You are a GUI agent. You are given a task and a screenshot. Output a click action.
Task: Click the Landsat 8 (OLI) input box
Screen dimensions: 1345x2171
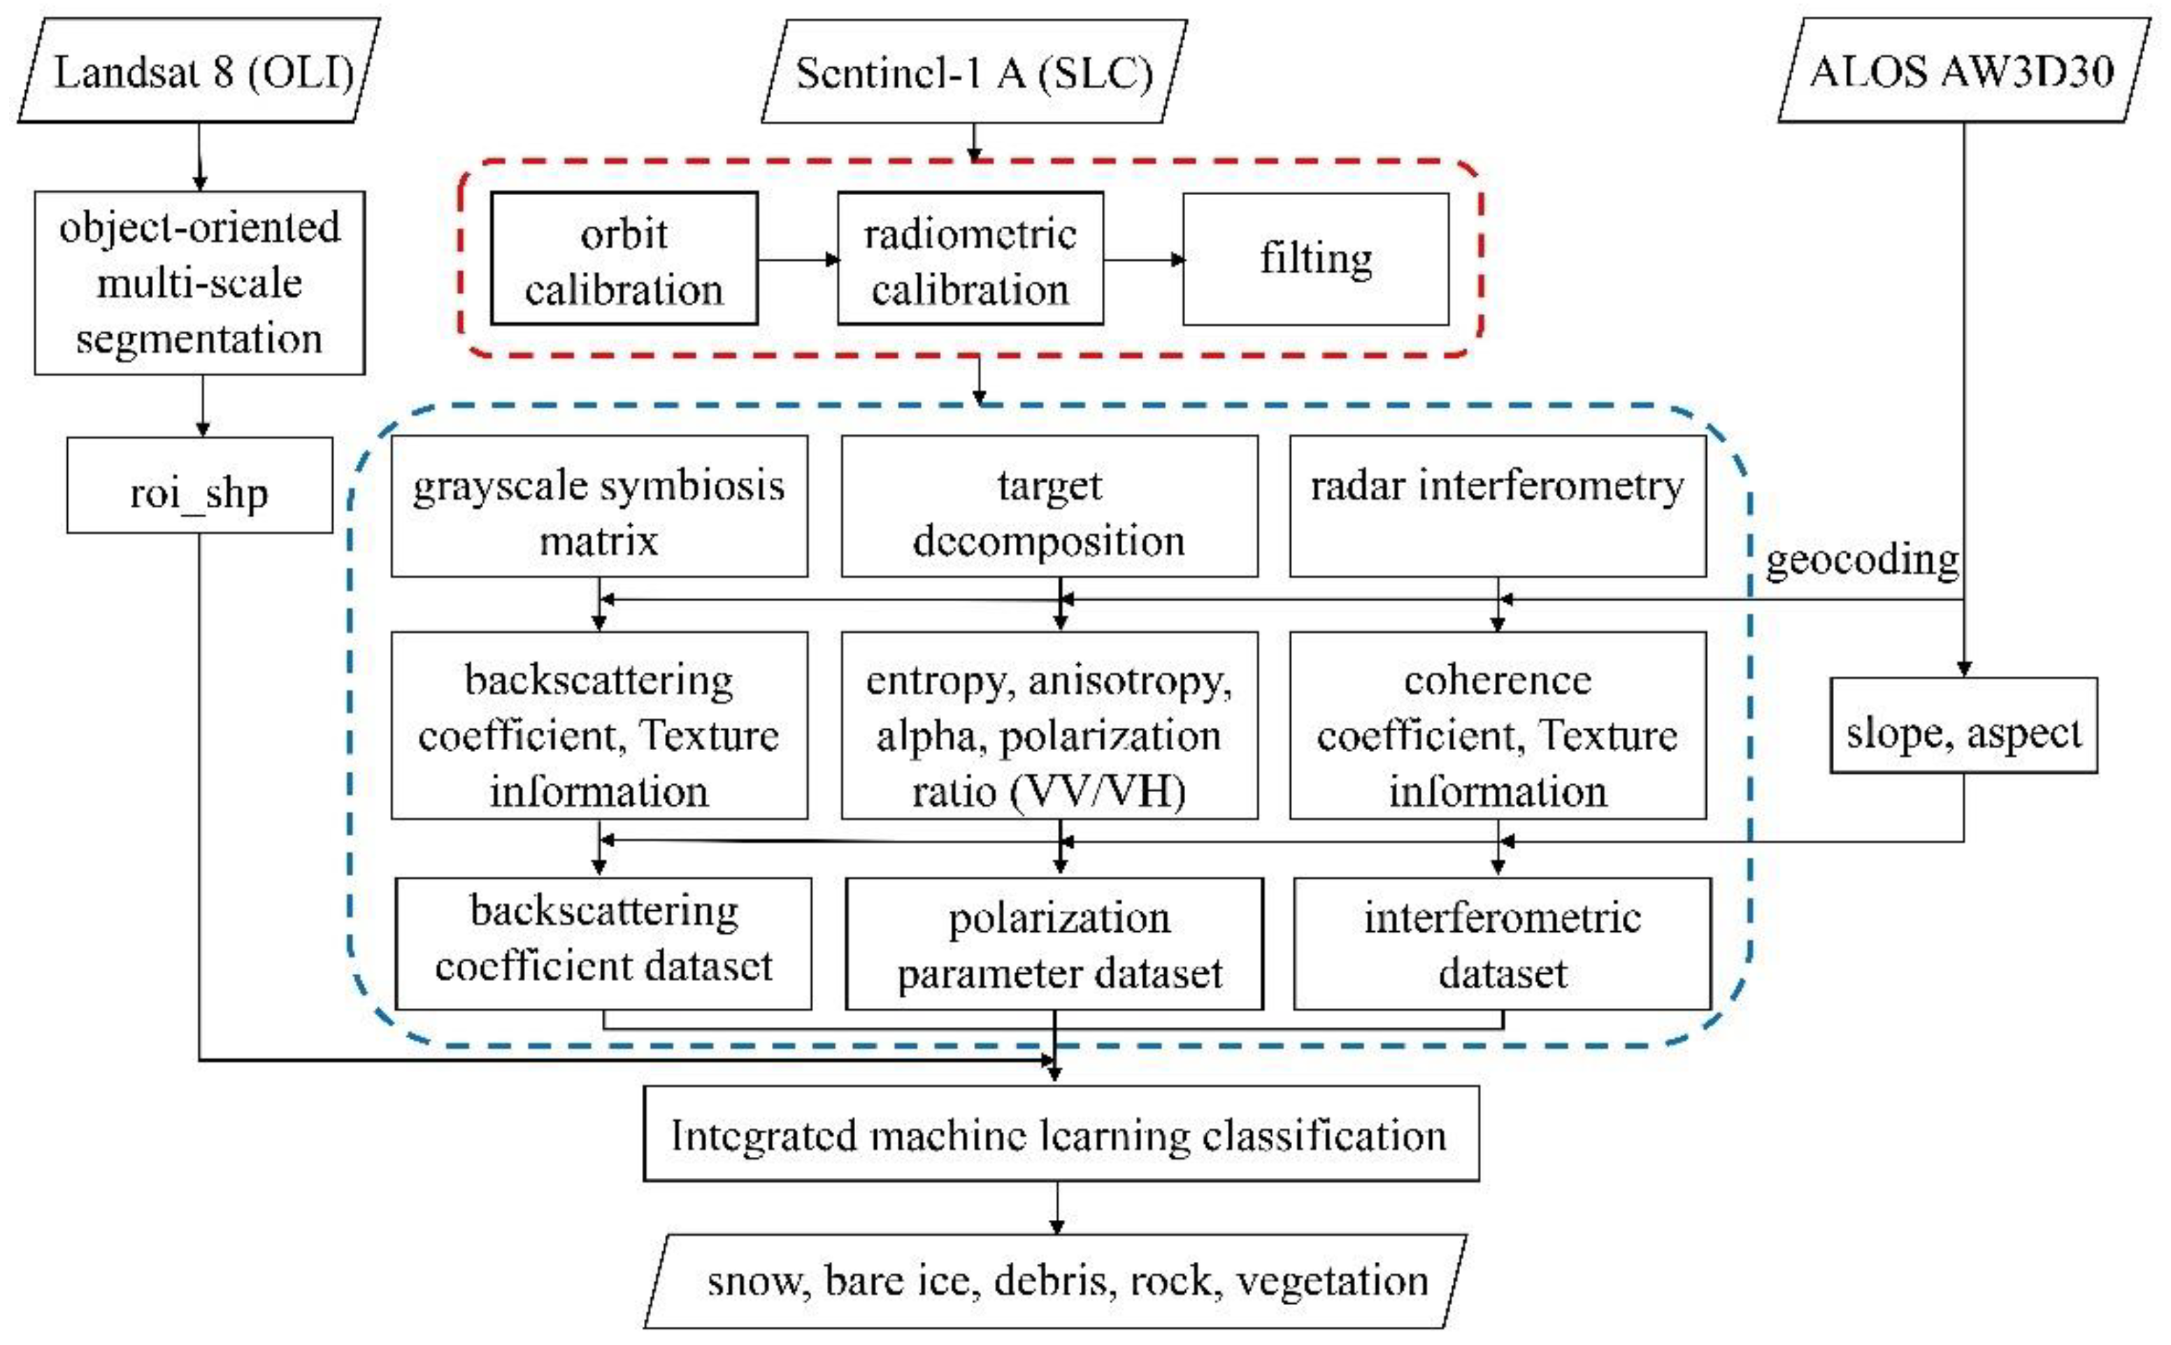point(199,71)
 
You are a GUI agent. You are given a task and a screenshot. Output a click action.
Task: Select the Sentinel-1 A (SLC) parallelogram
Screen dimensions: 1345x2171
point(974,72)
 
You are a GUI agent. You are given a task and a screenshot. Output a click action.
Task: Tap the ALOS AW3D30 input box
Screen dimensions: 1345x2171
point(1963,71)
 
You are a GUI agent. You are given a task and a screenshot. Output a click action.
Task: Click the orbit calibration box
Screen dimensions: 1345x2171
point(624,259)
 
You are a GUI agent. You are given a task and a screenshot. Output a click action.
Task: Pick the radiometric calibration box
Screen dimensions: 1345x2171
point(970,259)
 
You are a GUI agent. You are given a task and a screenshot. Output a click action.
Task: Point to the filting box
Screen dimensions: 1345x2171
point(1315,259)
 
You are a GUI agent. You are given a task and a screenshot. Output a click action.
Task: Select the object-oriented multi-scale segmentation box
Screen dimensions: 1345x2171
point(199,283)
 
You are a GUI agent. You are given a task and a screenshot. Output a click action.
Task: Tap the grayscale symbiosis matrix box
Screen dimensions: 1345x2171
point(599,506)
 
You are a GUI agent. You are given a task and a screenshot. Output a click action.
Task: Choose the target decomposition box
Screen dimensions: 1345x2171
point(1049,506)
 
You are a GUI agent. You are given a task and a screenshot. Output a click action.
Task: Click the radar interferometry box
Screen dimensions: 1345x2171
point(1498,506)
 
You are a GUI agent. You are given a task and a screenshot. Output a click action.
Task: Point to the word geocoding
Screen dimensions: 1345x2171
point(1861,561)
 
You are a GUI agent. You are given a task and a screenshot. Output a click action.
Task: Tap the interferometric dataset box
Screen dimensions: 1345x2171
point(1502,944)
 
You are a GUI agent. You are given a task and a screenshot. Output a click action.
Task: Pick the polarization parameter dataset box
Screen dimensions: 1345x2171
point(1054,944)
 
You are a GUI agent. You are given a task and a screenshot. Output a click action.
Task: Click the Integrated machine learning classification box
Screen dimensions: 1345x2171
point(1061,1134)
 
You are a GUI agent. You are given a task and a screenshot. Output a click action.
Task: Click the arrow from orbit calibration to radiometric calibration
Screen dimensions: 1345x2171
point(797,260)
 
